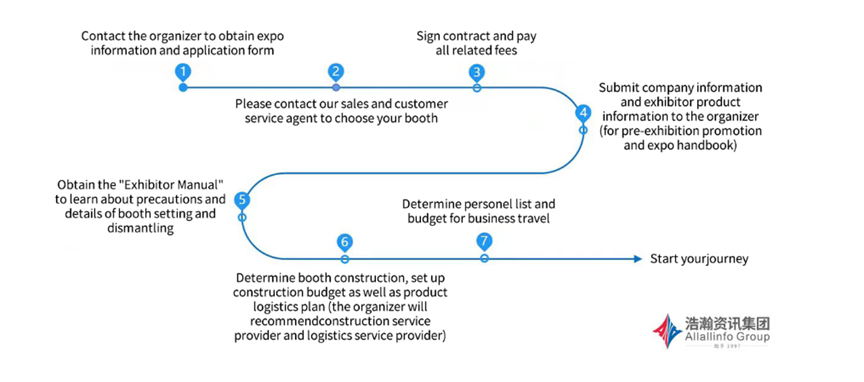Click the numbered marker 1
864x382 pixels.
point(183,72)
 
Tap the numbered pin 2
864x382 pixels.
point(336,72)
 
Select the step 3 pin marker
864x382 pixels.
point(477,72)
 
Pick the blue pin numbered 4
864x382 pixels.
point(583,113)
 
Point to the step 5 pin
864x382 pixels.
point(242,200)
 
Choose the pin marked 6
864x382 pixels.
point(345,243)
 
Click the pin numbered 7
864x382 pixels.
point(484,241)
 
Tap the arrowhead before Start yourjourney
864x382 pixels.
point(638,259)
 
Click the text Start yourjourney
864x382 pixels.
point(699,259)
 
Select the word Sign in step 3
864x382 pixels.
point(428,36)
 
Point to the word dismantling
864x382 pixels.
point(140,228)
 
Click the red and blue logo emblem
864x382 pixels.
point(667,331)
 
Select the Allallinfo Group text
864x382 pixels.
point(727,337)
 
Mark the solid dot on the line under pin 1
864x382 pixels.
point(183,88)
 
